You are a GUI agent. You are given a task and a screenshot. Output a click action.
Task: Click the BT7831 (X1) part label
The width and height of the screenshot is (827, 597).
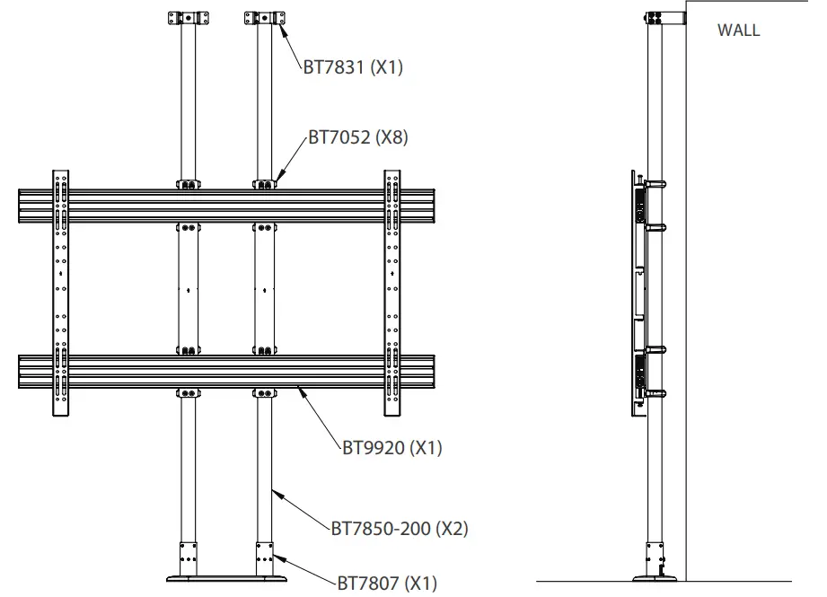[352, 66]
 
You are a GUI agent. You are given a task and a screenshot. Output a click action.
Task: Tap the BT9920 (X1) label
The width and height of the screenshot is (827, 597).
[392, 447]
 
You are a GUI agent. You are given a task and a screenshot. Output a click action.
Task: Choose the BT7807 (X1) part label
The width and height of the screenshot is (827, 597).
[386, 583]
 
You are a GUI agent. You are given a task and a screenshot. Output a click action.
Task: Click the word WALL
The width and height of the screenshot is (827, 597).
[738, 30]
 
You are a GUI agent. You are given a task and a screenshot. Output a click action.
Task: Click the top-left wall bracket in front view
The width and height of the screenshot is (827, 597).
[189, 18]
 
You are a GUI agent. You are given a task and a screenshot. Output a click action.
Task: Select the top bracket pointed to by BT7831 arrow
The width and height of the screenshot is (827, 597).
[265, 18]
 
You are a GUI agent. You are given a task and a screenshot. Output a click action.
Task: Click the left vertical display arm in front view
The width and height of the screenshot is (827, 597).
[60, 292]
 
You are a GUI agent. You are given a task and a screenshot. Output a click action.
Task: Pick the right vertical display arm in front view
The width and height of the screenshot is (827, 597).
[392, 292]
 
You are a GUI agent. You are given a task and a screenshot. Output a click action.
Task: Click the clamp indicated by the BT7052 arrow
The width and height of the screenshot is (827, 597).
[266, 184]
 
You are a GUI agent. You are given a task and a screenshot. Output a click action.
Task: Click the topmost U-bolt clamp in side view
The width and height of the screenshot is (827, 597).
[654, 185]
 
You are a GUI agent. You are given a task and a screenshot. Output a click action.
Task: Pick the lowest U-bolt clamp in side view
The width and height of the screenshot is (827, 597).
[654, 392]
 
